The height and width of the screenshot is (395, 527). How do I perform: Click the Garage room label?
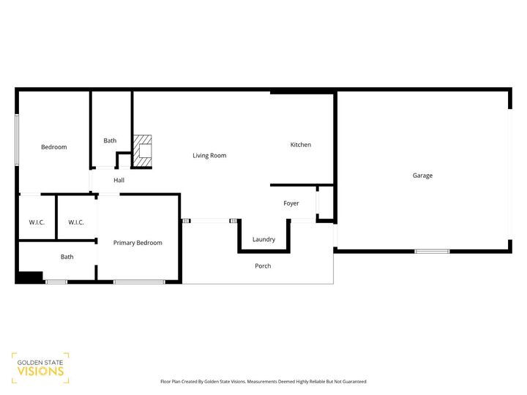[x=422, y=176]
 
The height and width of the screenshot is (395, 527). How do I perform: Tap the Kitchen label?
[x=301, y=145]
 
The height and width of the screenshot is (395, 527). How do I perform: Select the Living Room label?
[x=209, y=155]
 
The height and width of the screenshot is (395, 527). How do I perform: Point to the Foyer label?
[x=291, y=203]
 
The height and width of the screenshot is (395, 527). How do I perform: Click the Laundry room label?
[x=263, y=239]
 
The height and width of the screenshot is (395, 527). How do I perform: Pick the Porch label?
[x=263, y=266]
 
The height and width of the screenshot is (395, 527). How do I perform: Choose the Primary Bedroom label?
[x=138, y=243]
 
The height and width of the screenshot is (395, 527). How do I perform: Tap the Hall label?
[x=119, y=180]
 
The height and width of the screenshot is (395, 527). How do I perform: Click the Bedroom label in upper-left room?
[x=53, y=147]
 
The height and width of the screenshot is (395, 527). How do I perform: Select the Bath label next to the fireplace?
[x=110, y=140]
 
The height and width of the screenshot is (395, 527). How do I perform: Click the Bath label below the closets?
[x=67, y=257]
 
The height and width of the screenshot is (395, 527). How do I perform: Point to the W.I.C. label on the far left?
[x=37, y=222]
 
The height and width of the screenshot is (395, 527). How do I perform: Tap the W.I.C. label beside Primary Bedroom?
[x=76, y=222]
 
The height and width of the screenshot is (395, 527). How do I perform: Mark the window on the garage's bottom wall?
[x=432, y=252]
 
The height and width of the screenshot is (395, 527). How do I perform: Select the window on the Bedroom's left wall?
[x=18, y=140]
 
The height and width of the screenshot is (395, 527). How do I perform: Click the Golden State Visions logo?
[x=40, y=367]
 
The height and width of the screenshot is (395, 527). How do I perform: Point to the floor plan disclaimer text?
[x=263, y=381]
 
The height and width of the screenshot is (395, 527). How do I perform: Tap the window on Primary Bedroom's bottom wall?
[x=139, y=282]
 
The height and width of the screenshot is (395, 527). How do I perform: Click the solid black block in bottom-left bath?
[x=30, y=277]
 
